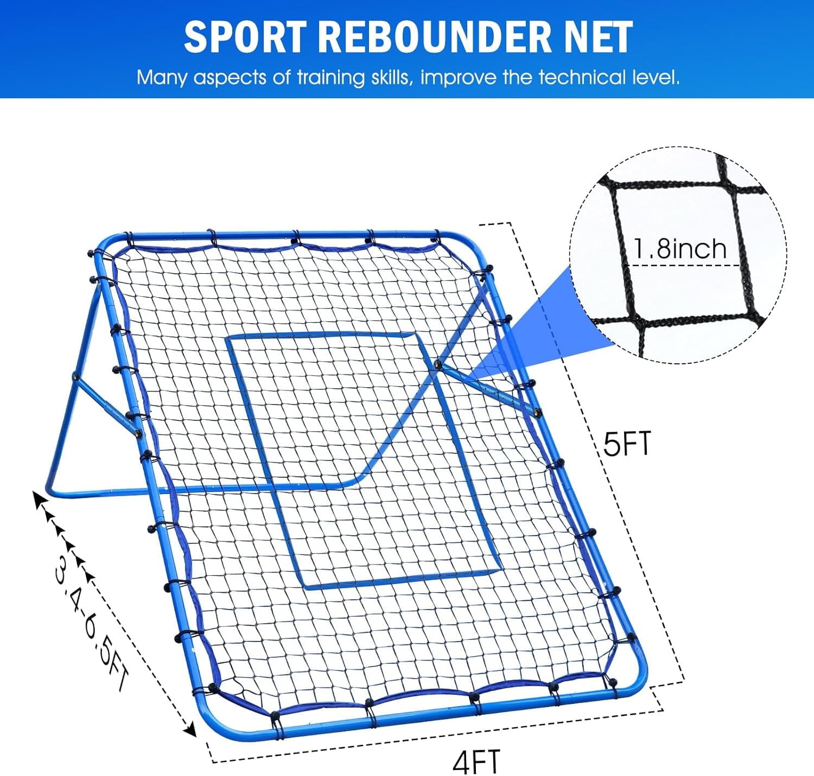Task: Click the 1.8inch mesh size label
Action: pyautogui.click(x=681, y=249)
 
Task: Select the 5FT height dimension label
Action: pyautogui.click(x=628, y=443)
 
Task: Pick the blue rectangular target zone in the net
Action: pyautogui.click(x=364, y=460)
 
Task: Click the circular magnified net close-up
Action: pyautogui.click(x=679, y=255)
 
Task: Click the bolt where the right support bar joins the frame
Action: pyautogui.click(x=537, y=412)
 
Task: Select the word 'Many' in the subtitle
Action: pyautogui.click(x=162, y=78)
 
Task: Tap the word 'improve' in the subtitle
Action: pyautogui.click(x=457, y=78)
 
